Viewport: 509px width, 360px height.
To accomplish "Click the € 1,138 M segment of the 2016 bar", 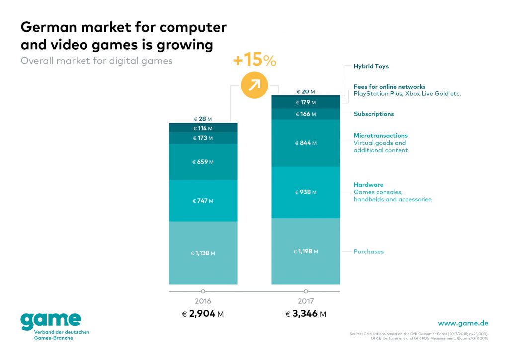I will pyautogui.click(x=203, y=253).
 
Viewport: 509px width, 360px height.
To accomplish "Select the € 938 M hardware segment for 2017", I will pyautogui.click(x=306, y=192).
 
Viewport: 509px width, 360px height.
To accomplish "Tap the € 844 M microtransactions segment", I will pyautogui.click(x=306, y=143).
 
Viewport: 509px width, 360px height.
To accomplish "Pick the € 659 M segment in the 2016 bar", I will pyautogui.click(x=203, y=162).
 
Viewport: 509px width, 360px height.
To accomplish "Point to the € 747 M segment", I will pyautogui.click(x=203, y=201).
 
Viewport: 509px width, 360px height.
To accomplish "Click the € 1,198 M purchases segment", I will pyautogui.click(x=306, y=251).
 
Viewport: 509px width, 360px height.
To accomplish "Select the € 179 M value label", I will pyautogui.click(x=306, y=103).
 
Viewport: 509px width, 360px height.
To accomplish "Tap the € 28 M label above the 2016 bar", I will pyautogui.click(x=203, y=119).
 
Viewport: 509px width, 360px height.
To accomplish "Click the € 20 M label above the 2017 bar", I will pyautogui.click(x=306, y=92).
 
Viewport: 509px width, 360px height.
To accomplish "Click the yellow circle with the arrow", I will pyautogui.click(x=254, y=85).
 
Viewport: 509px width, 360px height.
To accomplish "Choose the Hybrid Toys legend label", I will pyautogui.click(x=371, y=66).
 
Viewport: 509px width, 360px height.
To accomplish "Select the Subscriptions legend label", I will pyautogui.click(x=373, y=114).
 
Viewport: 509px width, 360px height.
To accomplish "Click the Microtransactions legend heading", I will pyautogui.click(x=380, y=135).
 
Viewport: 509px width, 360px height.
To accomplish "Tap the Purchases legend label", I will pyautogui.click(x=368, y=252).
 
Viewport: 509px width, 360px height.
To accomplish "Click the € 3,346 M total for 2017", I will pyautogui.click(x=306, y=314).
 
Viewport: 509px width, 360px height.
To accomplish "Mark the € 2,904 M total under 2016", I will pyautogui.click(x=203, y=314).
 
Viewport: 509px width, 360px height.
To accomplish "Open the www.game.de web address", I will pyautogui.click(x=463, y=323).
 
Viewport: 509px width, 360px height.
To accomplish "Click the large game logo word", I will pyautogui.click(x=50, y=321).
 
